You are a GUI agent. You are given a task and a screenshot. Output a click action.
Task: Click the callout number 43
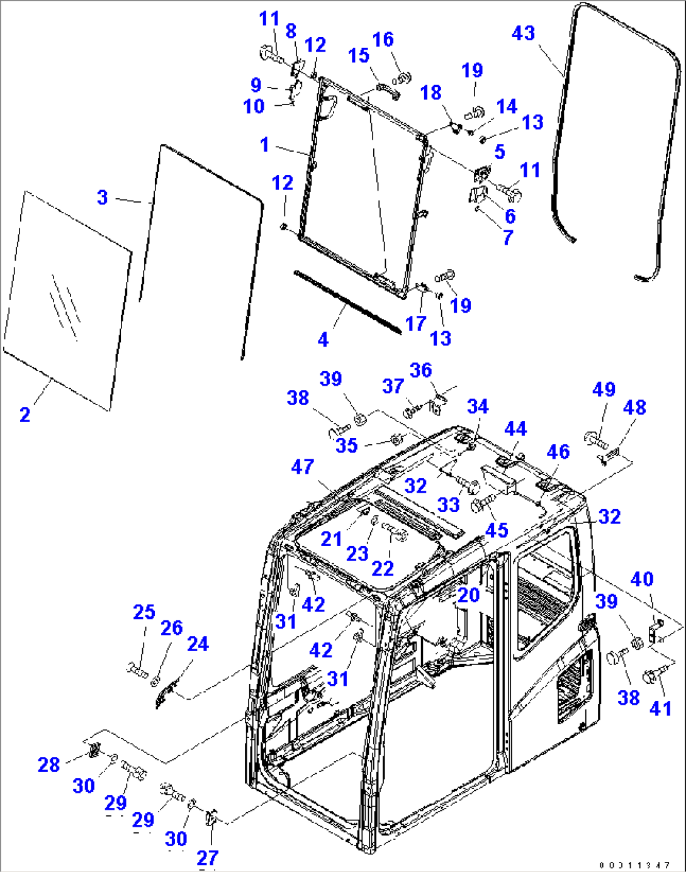point(524,33)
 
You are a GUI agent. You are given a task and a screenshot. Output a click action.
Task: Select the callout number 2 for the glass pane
point(25,415)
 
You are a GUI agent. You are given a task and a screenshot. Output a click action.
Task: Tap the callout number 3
point(103,198)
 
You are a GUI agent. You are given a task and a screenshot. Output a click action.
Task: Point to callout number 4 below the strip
point(323,340)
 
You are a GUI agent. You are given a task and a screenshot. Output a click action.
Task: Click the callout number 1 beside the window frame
point(265,145)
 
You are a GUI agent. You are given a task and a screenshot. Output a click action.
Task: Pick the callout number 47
point(303,467)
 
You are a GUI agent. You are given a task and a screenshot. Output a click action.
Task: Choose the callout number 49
point(604,389)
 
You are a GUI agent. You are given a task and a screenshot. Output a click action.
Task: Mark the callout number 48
point(634,408)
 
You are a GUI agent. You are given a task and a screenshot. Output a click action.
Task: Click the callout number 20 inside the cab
point(469,595)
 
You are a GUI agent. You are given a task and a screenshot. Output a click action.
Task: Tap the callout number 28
point(49,765)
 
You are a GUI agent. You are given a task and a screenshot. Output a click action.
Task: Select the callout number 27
point(208,858)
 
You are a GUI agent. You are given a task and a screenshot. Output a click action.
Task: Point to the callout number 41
point(660,708)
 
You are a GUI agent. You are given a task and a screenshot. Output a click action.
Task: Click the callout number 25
point(144,612)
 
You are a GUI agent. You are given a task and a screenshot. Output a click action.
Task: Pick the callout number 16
point(383,40)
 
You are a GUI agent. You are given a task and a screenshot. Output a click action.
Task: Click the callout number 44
point(515,429)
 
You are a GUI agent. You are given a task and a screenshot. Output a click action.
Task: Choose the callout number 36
point(421,370)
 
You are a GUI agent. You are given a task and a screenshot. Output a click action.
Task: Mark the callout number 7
point(508,237)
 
